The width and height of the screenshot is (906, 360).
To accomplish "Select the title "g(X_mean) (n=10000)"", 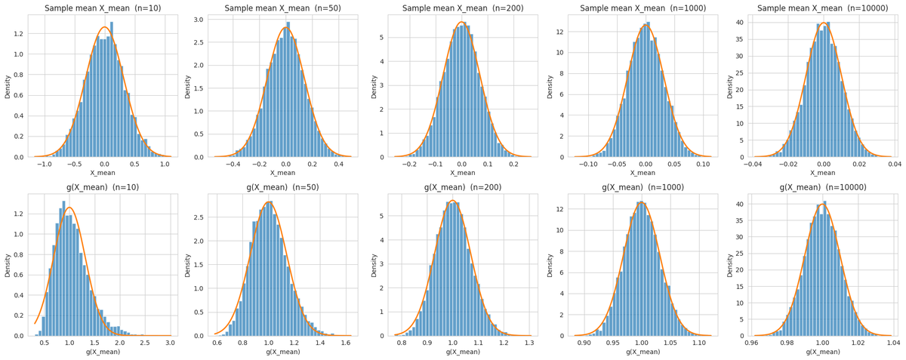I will coord(823,187).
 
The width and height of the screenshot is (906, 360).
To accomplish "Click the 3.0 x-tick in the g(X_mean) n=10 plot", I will coord(170,342).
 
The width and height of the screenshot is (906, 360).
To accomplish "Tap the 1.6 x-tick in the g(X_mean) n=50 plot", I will coord(346,342).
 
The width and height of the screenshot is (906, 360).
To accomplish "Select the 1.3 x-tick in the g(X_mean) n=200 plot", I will coord(528,342).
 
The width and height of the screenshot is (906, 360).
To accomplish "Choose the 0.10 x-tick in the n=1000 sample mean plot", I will coord(703,164).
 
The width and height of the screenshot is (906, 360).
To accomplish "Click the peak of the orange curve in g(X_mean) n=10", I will coord(69,207).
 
